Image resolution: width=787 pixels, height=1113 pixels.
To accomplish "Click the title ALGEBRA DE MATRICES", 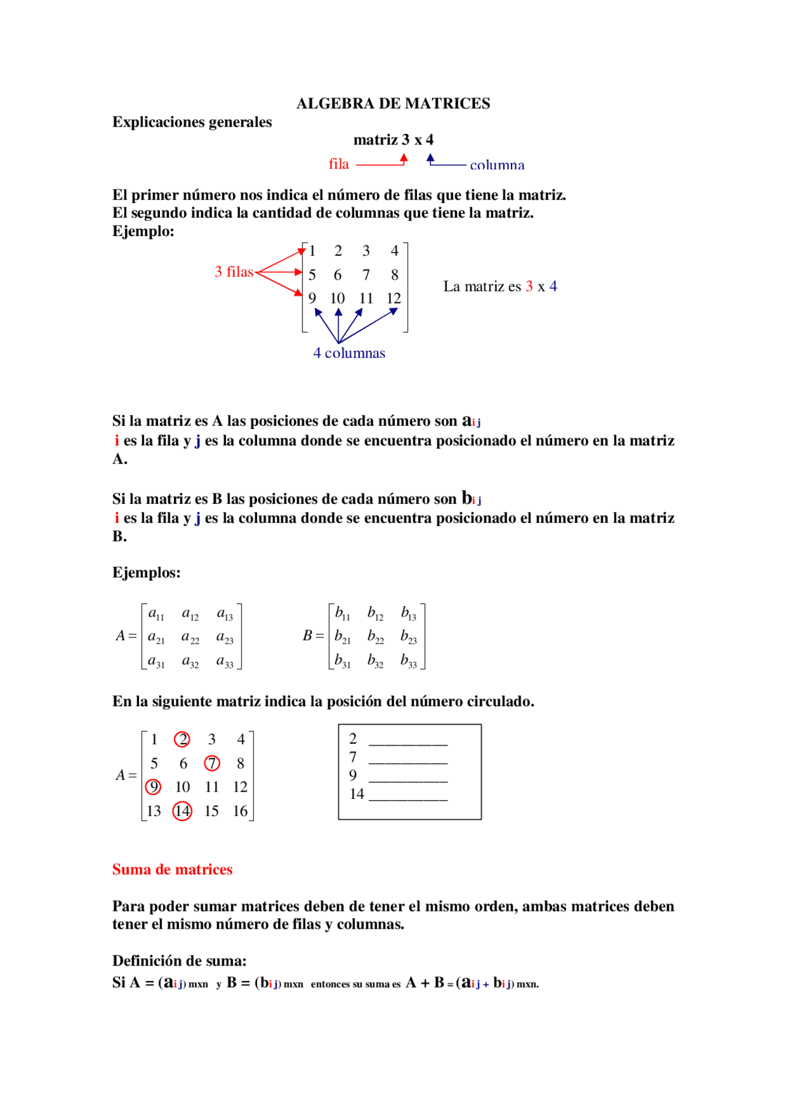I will [x=393, y=103].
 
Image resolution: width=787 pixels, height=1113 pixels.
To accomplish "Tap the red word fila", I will [x=338, y=164].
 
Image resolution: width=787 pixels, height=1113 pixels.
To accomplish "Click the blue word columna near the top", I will [x=497, y=165].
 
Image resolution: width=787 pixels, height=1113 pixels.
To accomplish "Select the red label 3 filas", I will [x=234, y=272].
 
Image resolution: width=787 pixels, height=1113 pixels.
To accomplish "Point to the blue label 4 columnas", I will [x=349, y=353].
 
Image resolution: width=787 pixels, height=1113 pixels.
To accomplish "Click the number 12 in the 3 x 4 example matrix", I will [x=393, y=298].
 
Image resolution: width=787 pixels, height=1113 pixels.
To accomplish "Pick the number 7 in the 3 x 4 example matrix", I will [x=366, y=275].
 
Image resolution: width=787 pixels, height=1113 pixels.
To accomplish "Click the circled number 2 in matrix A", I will [x=182, y=739].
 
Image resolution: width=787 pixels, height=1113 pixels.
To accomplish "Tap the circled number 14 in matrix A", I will [x=182, y=811].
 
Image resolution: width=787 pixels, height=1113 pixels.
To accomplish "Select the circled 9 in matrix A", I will [x=153, y=787].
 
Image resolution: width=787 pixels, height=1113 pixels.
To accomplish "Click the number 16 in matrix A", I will [x=240, y=811].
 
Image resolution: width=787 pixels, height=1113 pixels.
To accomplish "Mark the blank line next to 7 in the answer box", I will [x=408, y=762].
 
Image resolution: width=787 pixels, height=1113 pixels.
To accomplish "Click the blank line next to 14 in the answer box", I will [x=408, y=799].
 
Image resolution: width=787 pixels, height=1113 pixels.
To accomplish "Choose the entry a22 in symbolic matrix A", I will [x=190, y=637].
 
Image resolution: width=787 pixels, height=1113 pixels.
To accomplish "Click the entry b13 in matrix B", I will [x=408, y=613].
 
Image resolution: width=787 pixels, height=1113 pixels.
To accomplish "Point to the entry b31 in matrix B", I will [x=342, y=661].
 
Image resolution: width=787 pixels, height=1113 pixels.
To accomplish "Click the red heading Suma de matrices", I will [x=172, y=870].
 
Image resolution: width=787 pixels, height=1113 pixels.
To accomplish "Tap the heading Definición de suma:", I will [x=179, y=961].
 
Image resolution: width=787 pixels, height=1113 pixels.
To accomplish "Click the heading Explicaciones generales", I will [x=192, y=122].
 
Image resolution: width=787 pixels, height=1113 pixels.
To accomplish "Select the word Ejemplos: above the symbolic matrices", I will [x=146, y=572].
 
